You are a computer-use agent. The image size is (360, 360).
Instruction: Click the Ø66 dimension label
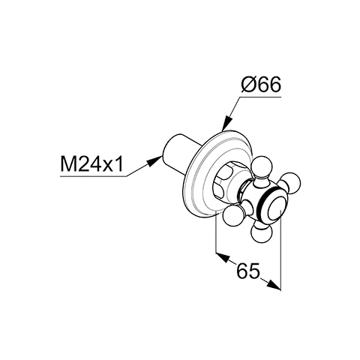pos(261,85)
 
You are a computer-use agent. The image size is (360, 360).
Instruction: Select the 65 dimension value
pos(248,271)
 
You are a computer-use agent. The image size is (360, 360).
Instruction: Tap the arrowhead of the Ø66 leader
pos(226,124)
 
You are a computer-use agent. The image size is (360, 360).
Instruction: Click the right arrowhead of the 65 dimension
pos(274,285)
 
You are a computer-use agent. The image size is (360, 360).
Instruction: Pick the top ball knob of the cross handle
pos(261,166)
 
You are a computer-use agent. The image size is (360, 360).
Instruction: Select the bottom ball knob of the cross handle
pos(262,234)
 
